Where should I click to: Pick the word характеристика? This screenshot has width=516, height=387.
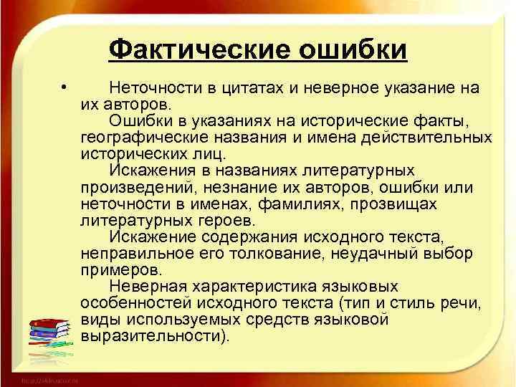click(x=255, y=286)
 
